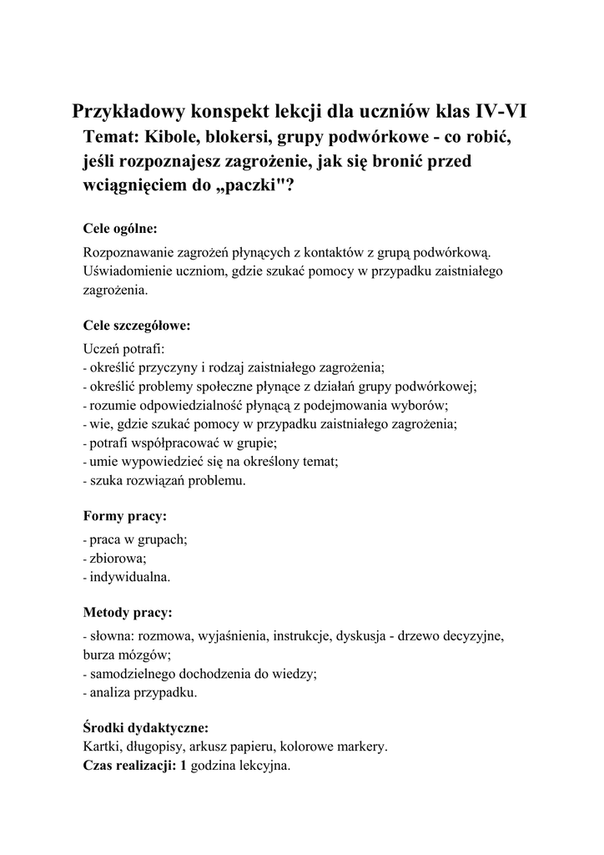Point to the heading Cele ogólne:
[x=120, y=227]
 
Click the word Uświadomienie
[x=127, y=271]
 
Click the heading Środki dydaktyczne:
[x=146, y=726]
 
